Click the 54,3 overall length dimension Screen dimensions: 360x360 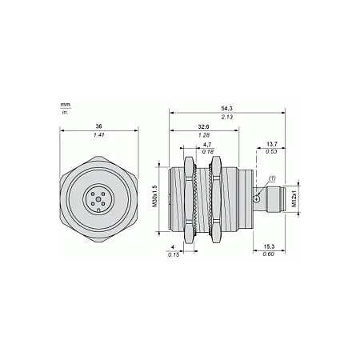(226, 109)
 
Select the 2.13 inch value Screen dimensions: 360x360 (227, 117)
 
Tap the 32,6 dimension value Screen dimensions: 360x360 (204, 126)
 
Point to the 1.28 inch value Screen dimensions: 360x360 (204, 135)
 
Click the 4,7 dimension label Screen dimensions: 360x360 (207, 145)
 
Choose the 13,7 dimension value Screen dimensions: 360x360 (272, 144)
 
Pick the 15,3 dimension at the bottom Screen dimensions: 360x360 (269, 247)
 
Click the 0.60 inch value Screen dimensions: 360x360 (269, 254)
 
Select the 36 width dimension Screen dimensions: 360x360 (99, 126)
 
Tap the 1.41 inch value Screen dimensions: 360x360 (98, 135)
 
